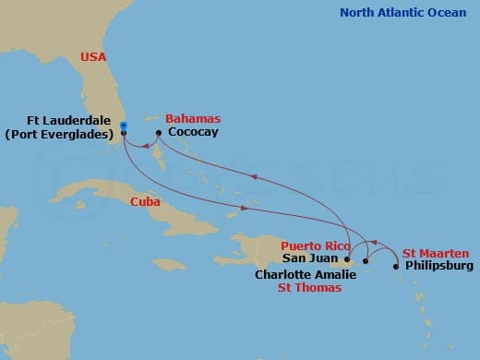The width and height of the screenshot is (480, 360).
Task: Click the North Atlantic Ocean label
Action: [404, 12]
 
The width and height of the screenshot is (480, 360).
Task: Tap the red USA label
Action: [93, 57]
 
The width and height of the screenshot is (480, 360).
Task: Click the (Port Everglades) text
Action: [60, 135]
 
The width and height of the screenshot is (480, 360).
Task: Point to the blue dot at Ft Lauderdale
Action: [123, 126]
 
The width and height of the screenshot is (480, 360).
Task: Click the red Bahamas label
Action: [193, 120]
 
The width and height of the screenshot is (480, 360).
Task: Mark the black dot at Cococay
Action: [159, 133]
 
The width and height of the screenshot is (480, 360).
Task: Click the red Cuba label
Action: [145, 201]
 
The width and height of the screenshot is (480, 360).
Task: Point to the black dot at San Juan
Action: [346, 260]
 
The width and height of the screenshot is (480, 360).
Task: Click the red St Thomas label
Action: [310, 288]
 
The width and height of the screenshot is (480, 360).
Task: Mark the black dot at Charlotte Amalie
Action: [366, 261]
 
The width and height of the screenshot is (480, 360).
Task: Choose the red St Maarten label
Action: [436, 253]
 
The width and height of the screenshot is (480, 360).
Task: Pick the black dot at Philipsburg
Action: [397, 267]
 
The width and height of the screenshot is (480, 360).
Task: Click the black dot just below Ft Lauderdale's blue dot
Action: [123, 133]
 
